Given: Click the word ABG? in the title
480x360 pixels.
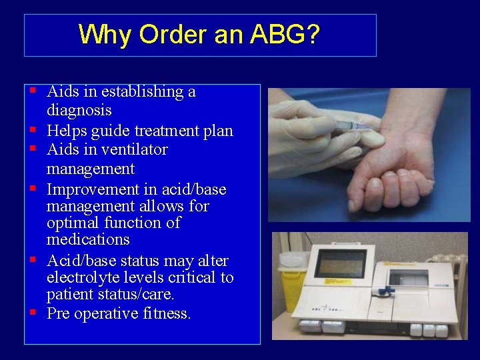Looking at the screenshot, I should [285, 34].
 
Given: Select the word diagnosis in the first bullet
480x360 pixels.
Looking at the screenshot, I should [79, 110].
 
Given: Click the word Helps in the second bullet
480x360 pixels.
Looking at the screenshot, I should [67, 130].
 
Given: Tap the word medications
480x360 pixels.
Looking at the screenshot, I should [87, 239].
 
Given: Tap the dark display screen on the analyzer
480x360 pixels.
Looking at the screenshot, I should [340, 264].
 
